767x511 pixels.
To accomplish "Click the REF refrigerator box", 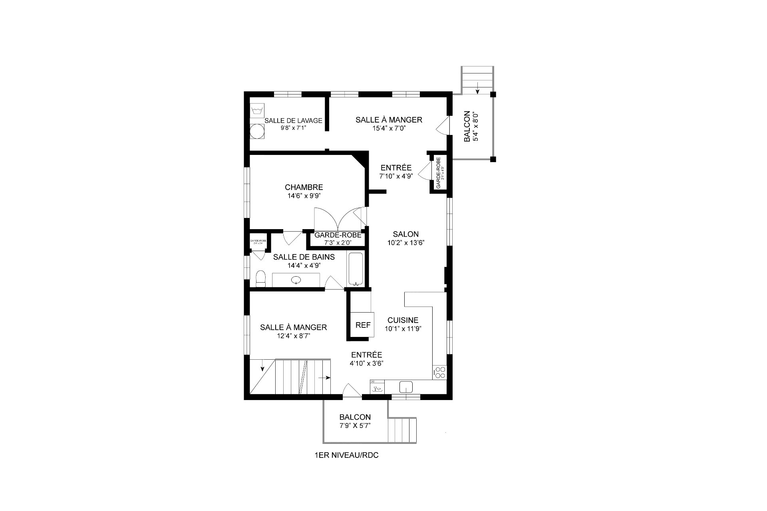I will click(363, 325).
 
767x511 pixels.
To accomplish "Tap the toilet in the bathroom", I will click(260, 278).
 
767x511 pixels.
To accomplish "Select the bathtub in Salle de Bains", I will click(355, 269).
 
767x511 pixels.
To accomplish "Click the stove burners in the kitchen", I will click(440, 372).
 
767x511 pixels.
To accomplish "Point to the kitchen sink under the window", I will click(406, 386).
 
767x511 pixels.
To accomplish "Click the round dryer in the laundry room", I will click(257, 131).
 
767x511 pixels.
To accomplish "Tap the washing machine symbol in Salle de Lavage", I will click(256, 109).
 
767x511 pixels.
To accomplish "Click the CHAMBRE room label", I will click(304, 187).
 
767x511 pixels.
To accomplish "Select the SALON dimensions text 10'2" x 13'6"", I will click(405, 243).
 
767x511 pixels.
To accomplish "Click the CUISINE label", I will click(403, 320).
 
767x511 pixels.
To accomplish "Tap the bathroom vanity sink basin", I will click(296, 280).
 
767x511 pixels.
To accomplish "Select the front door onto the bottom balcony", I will click(352, 390).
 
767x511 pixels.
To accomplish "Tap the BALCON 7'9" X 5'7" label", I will click(355, 421).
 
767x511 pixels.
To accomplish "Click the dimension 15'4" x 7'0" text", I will click(389, 129).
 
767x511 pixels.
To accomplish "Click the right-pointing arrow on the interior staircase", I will click(324, 377).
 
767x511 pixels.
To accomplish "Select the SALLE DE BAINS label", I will click(304, 257).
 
